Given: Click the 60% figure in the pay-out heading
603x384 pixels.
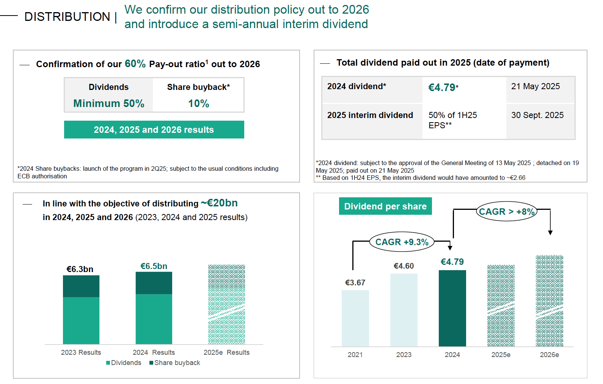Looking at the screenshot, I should pos(135,64).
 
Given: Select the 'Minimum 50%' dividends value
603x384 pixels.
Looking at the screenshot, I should pos(109,104).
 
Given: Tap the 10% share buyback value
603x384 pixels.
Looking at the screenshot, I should pos(199,104).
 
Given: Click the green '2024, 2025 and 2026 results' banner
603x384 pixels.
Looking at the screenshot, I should pos(154,130).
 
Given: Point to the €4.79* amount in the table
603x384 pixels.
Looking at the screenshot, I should pos(443,88).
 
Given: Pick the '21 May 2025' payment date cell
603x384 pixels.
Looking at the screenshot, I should pos(535,87).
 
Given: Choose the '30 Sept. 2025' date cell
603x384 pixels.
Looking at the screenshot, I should pos(537,115).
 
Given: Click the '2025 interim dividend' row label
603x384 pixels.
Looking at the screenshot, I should pos(370,115).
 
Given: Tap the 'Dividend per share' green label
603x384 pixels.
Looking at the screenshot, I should pos(385,206).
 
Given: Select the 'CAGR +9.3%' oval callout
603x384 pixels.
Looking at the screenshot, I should pos(402,242).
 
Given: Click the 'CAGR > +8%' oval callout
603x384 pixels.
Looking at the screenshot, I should pos(507,212).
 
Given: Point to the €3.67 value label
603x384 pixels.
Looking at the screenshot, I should pos(355,283).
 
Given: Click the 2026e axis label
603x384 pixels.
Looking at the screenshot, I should pos(550,355).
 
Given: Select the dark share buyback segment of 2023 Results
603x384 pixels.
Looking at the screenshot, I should pos(81,286).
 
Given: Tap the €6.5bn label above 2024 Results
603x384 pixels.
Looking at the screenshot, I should pos(154,266).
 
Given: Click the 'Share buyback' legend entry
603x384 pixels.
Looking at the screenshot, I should pos(175,363).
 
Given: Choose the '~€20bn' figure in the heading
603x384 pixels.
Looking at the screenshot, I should pos(219,203).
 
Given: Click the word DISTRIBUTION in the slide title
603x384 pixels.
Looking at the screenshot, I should pos(67,17).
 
